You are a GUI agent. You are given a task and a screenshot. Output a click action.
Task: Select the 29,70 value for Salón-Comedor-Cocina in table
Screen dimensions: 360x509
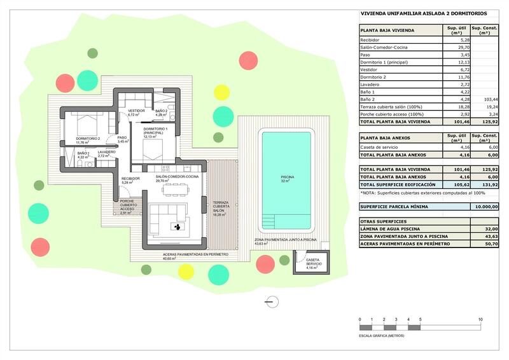[464, 47]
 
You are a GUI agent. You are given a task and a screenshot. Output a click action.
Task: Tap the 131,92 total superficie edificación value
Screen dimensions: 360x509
[489, 184]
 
